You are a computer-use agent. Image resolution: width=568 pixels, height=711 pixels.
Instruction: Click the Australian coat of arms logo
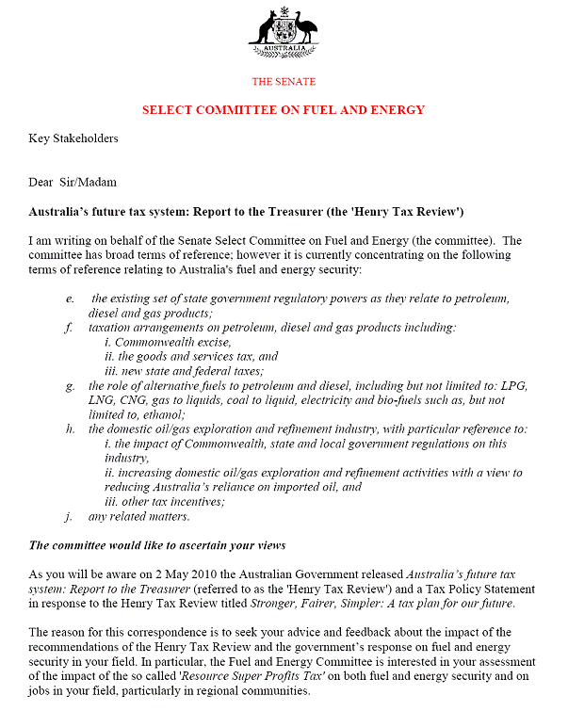(x=283, y=33)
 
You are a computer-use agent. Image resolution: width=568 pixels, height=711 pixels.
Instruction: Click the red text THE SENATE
(x=284, y=82)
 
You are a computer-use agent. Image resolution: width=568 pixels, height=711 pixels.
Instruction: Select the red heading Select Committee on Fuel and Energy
(x=284, y=110)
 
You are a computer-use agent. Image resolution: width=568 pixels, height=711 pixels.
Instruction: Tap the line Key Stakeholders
(x=73, y=138)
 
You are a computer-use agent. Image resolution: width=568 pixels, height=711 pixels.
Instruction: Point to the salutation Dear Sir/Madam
(x=73, y=183)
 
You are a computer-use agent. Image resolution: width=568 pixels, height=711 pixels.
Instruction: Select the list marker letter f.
(x=68, y=328)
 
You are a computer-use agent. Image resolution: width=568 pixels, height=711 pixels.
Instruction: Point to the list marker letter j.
(x=68, y=516)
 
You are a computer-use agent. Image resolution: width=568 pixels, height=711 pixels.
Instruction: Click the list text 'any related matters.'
(x=138, y=516)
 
